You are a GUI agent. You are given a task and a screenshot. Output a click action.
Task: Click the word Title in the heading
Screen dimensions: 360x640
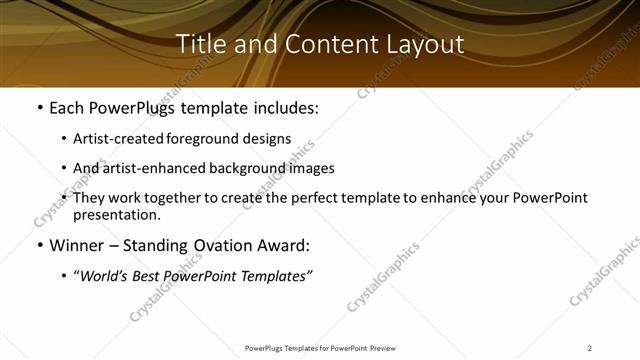198,44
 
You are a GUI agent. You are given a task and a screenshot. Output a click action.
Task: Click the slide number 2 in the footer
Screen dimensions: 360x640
590,348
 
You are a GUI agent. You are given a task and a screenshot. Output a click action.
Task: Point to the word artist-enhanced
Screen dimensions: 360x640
147,168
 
